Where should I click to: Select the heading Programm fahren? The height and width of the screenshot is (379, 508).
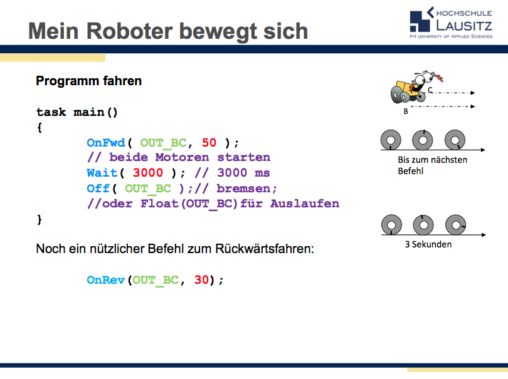[88, 81]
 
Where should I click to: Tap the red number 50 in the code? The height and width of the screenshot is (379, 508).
[209, 142]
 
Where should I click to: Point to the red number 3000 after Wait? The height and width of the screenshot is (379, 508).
[148, 172]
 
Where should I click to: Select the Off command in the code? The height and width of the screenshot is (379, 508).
[98, 188]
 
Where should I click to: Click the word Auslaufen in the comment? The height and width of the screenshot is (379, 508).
[305, 204]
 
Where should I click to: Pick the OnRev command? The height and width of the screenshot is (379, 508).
[106, 280]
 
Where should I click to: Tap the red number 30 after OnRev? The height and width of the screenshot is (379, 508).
[201, 280]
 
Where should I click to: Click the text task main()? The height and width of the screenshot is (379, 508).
[77, 112]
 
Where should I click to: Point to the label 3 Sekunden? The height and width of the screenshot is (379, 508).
[428, 244]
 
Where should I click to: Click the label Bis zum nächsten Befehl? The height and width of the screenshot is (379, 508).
[432, 165]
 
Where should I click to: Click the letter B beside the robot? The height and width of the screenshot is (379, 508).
[406, 112]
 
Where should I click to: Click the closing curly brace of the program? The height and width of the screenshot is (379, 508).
[40, 219]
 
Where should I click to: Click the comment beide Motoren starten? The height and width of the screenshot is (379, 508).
[178, 157]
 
